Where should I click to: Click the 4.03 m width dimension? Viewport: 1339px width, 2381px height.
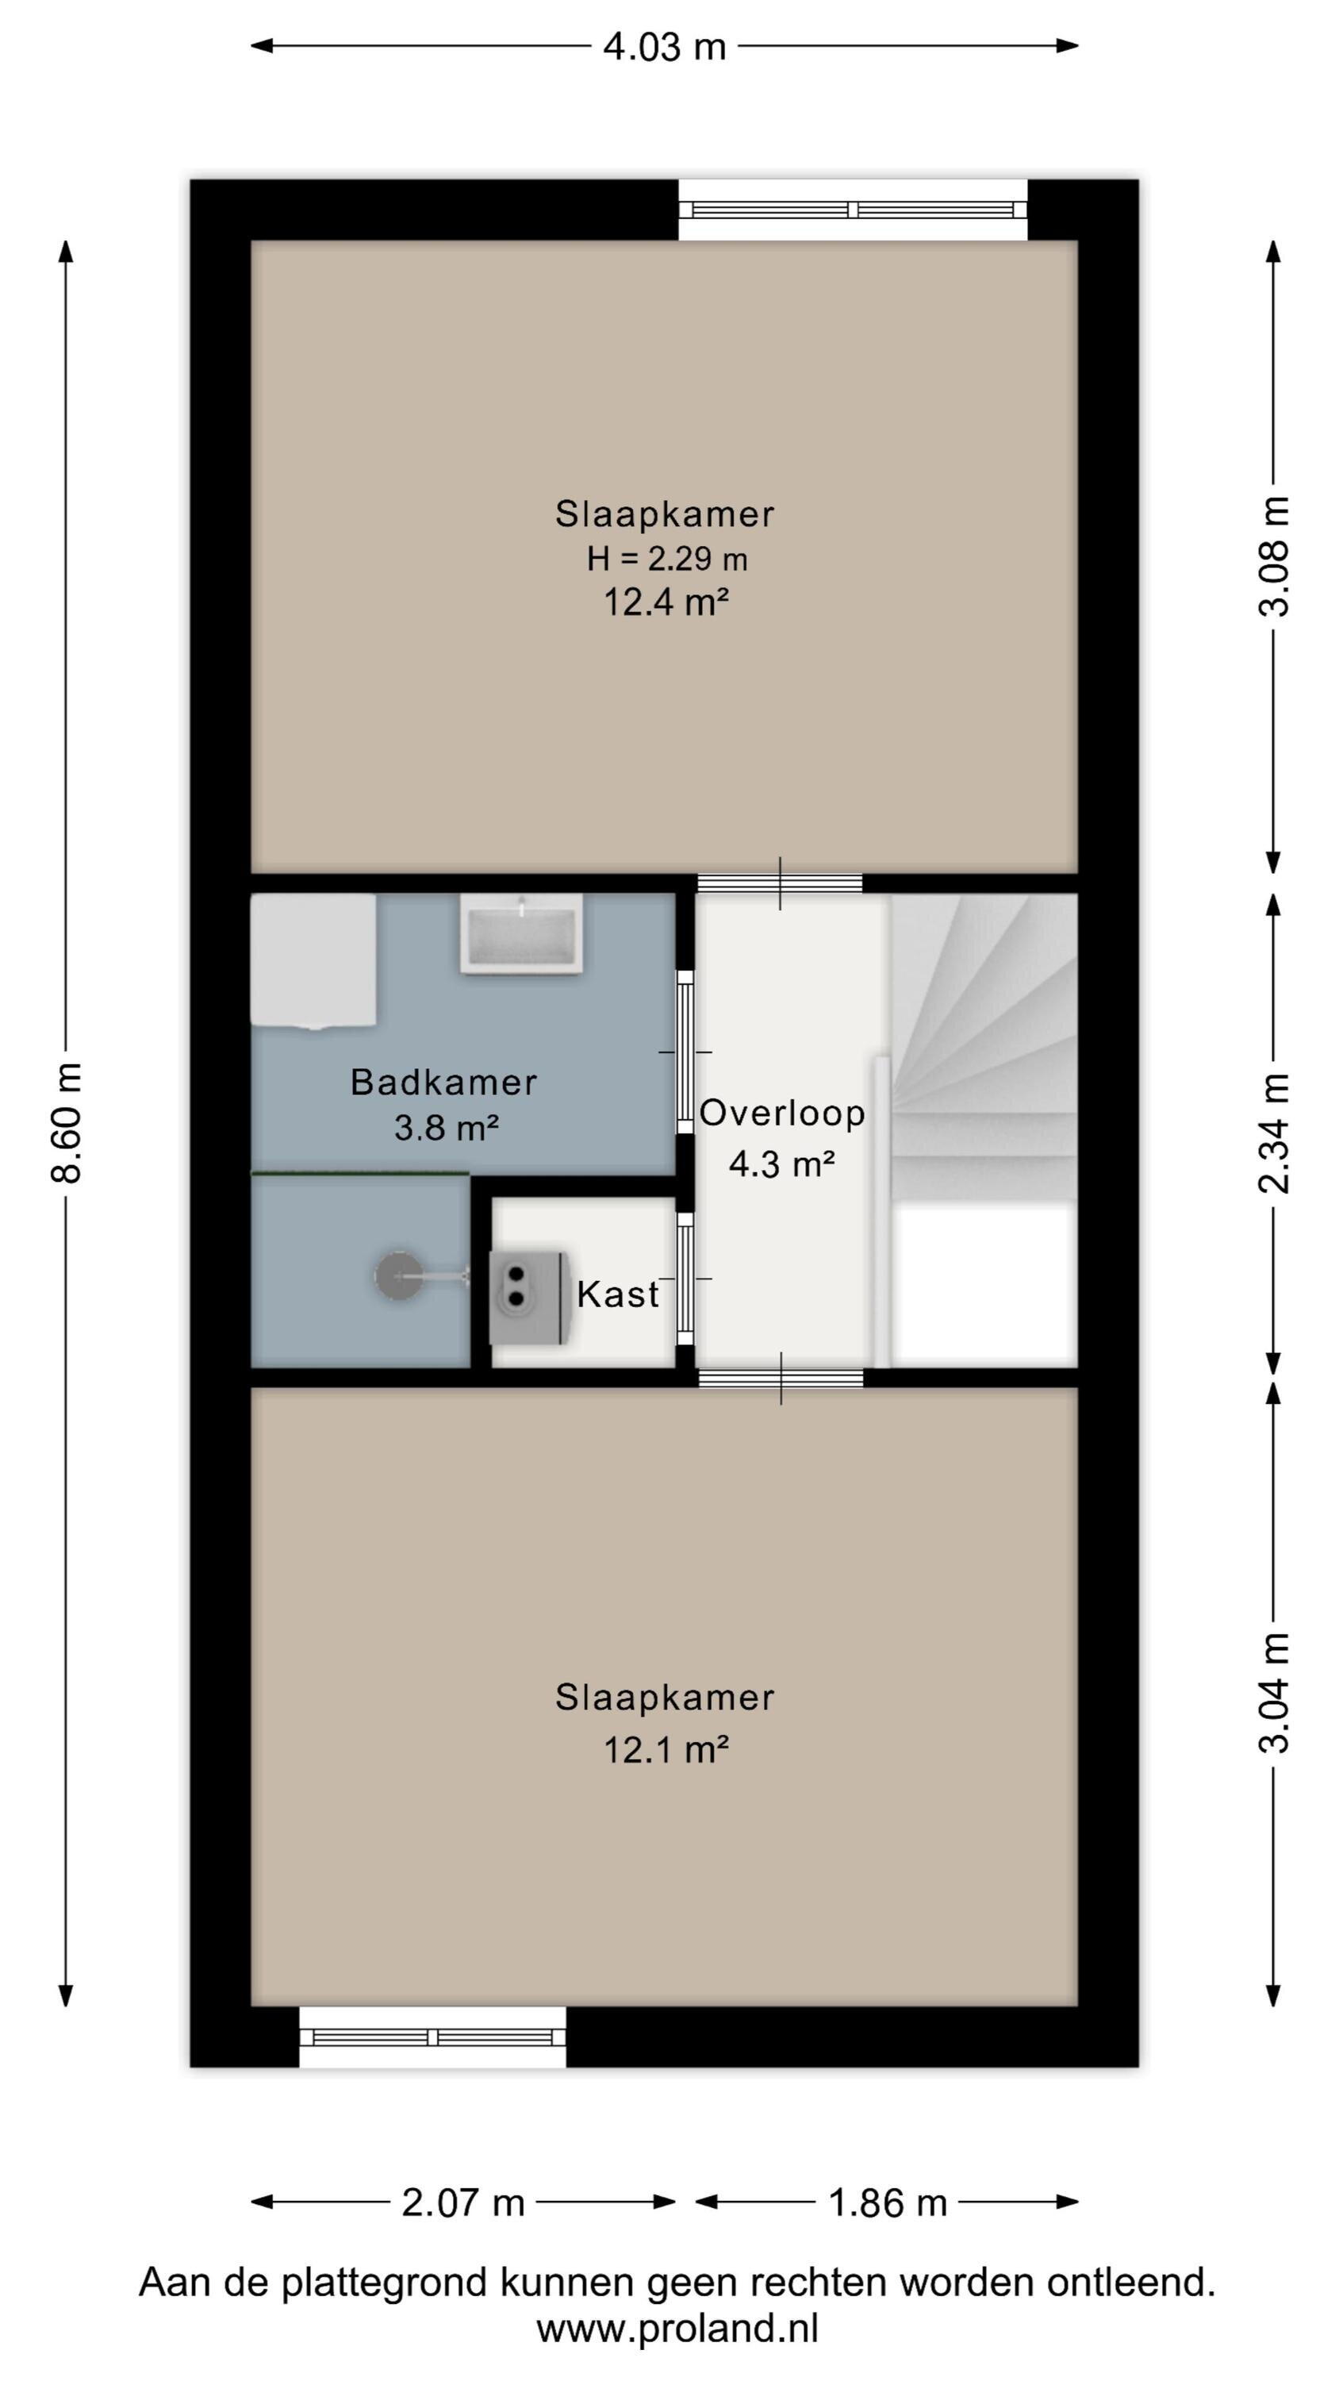(665, 46)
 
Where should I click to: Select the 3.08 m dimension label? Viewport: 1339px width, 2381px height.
(1274, 556)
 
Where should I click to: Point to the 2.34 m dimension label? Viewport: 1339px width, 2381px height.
(1274, 1133)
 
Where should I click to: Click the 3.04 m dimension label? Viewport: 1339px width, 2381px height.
(1274, 1692)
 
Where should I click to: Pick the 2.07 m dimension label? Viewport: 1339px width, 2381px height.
(463, 2202)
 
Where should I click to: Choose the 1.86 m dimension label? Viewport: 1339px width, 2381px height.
(887, 2202)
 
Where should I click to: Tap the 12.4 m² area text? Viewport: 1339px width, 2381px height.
(666, 602)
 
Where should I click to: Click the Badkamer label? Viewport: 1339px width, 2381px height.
(443, 1083)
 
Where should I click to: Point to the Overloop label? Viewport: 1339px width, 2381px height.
(782, 1113)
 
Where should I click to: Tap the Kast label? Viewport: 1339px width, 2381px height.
(618, 1294)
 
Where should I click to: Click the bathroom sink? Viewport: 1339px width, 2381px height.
(521, 933)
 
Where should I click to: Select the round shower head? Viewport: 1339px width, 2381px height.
(399, 1275)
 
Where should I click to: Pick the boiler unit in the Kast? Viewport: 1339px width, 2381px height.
(528, 1298)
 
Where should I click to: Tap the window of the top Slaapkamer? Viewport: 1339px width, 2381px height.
(853, 210)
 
